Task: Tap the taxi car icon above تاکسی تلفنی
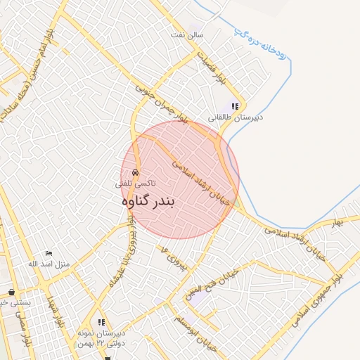[134, 172]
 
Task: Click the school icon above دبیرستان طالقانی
[235, 106]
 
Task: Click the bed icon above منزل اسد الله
[49, 252]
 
